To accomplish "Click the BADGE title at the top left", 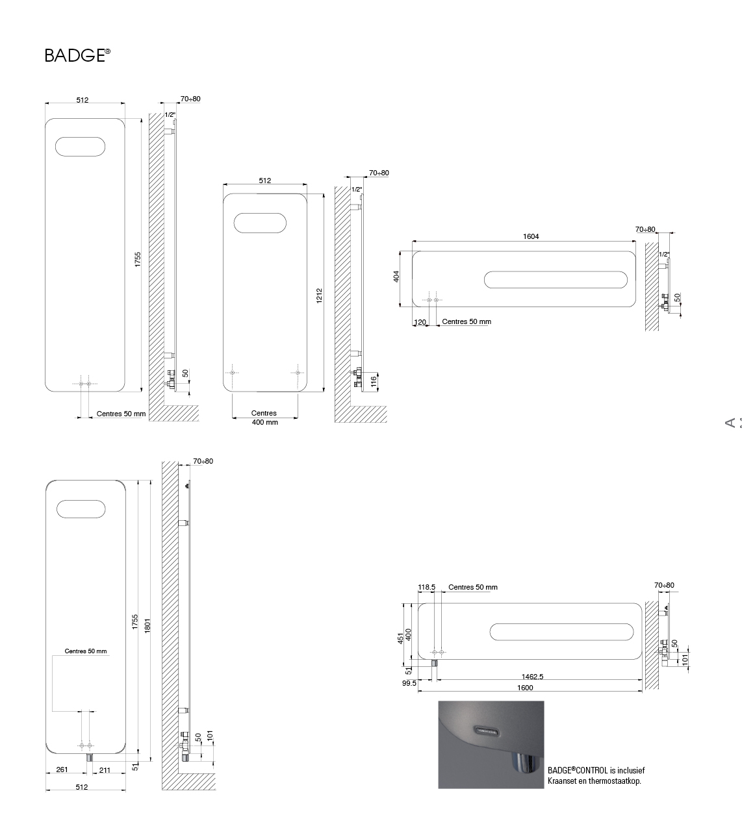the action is point(77,55).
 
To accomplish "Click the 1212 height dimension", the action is point(319,295).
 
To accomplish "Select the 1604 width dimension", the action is point(531,236).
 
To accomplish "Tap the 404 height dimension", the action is point(396,277).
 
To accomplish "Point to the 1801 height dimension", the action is point(147,626).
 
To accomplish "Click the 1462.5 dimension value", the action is point(532,677).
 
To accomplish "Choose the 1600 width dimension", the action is point(525,688).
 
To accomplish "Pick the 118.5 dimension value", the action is point(427,587).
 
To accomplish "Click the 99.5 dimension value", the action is point(409,683).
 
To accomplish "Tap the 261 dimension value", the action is point(62,770).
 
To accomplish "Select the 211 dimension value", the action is point(105,770).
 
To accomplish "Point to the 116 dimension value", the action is point(374,381).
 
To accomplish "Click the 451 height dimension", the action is point(400,638).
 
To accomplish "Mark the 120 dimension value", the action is point(420,322).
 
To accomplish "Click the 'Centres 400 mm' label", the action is point(264,418).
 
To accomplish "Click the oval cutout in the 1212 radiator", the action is point(260,223).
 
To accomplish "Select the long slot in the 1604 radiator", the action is point(556,279).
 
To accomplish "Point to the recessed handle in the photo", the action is point(487,731).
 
